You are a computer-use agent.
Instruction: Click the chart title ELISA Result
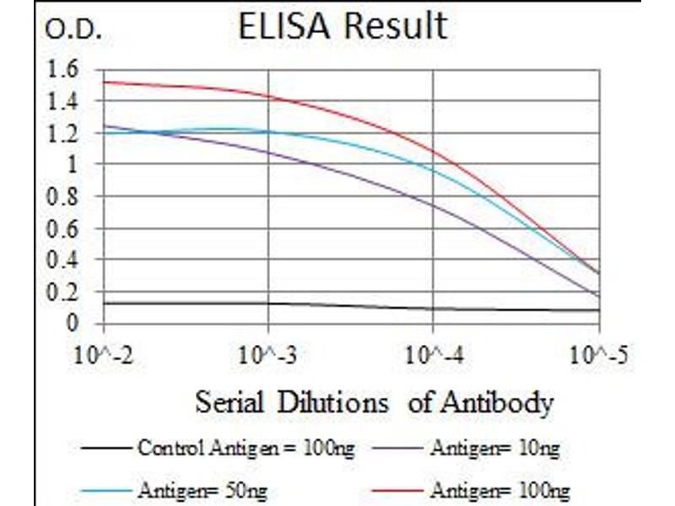click(341, 26)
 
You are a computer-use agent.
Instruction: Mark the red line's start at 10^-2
click(103, 82)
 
